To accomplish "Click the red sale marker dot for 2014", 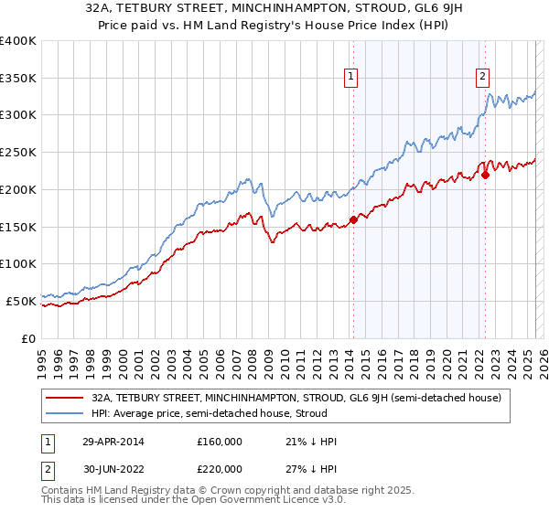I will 353,219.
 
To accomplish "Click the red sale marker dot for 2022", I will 485,175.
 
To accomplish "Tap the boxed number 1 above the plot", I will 352,78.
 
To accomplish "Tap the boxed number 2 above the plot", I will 482,78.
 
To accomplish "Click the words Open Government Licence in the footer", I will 242,502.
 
